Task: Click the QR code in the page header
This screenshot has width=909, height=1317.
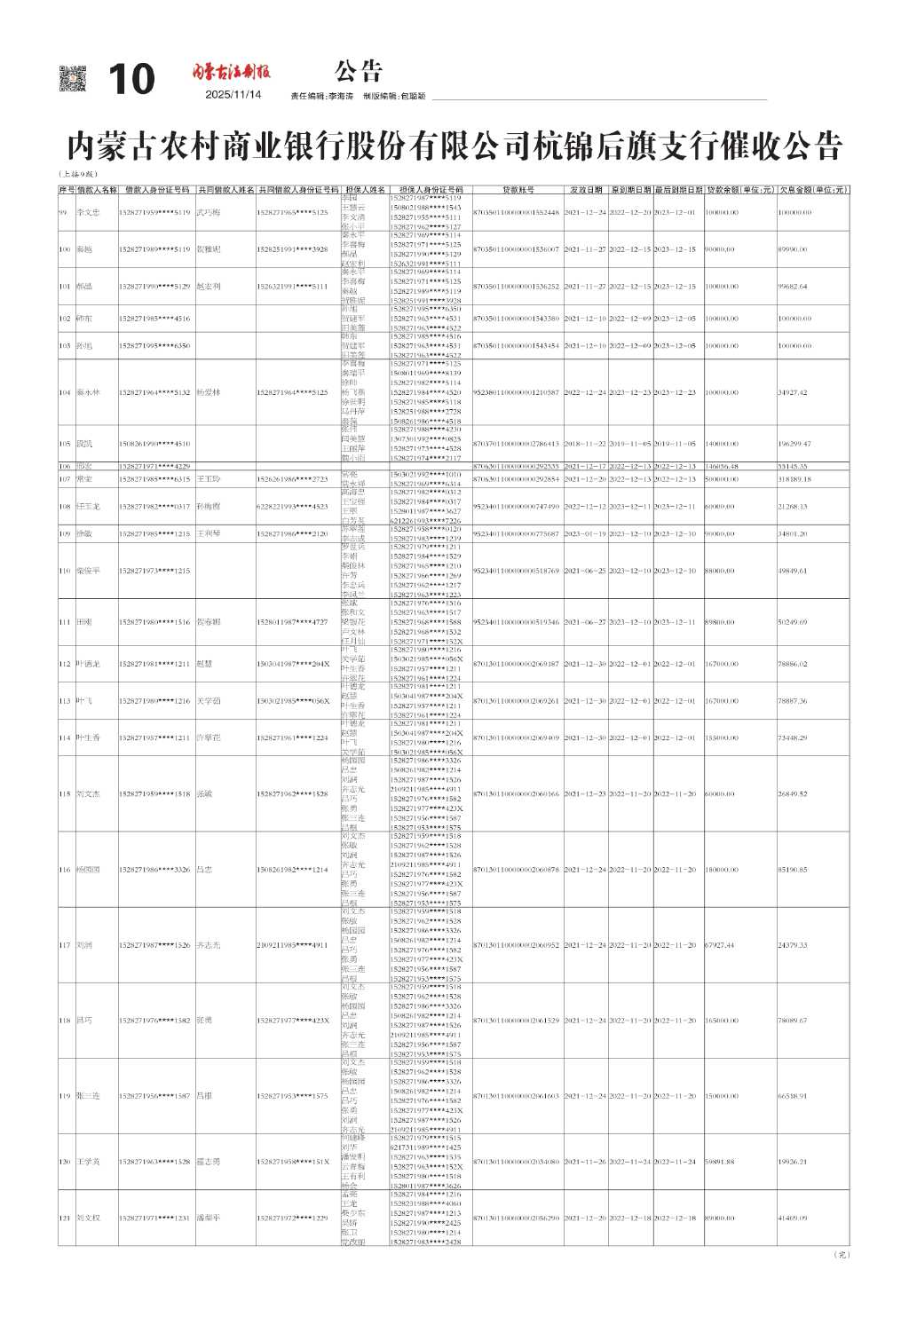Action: click(73, 78)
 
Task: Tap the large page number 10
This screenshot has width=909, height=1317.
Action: click(131, 80)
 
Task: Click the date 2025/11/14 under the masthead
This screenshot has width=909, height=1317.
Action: click(233, 95)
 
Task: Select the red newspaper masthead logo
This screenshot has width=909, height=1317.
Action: click(233, 72)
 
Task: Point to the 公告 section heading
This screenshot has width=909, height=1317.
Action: click(360, 71)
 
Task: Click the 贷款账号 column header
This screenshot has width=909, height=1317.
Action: click(518, 190)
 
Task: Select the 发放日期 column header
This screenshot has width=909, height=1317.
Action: click(586, 190)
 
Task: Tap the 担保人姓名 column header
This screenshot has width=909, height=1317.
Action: click(365, 190)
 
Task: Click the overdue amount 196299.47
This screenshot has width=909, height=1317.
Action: click(794, 444)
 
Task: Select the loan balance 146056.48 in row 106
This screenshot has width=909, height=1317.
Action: click(722, 466)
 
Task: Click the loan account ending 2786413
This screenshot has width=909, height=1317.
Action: click(517, 444)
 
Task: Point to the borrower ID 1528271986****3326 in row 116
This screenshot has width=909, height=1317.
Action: click(154, 870)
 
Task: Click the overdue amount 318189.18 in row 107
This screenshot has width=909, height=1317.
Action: click(794, 479)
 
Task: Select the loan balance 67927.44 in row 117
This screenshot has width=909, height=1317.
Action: click(720, 945)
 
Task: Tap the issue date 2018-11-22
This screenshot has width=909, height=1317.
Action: click(586, 444)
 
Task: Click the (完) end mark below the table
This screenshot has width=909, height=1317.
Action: click(842, 1255)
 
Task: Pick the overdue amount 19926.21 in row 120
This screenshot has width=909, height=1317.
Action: click(793, 1162)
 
